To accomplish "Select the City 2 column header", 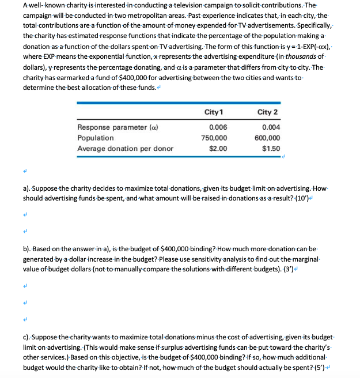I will [267, 111].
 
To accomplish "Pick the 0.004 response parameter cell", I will [271, 128].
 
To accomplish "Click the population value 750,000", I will [214, 138].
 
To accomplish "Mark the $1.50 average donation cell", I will [271, 148].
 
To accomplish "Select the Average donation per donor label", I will [125, 148].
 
